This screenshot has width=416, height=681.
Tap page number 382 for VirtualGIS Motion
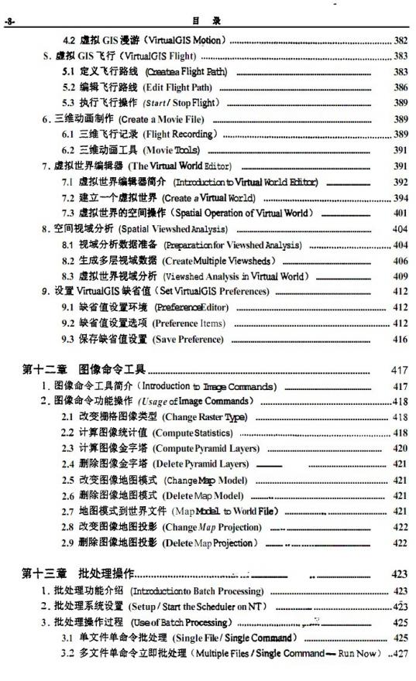click(401, 40)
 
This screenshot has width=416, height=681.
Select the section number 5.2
click(69, 87)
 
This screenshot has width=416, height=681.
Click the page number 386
click(401, 87)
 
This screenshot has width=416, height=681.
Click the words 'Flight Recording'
click(179, 134)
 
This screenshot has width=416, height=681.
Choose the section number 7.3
click(68, 213)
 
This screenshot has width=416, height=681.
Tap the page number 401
click(401, 213)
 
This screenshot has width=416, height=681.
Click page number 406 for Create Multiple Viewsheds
click(401, 261)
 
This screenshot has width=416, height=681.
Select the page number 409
click(401, 276)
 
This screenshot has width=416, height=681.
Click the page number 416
click(401, 339)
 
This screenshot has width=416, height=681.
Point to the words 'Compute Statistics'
click(192, 433)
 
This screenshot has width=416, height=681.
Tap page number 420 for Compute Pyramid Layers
click(401, 448)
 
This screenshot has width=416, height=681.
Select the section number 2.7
click(68, 512)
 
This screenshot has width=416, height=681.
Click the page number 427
click(400, 654)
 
